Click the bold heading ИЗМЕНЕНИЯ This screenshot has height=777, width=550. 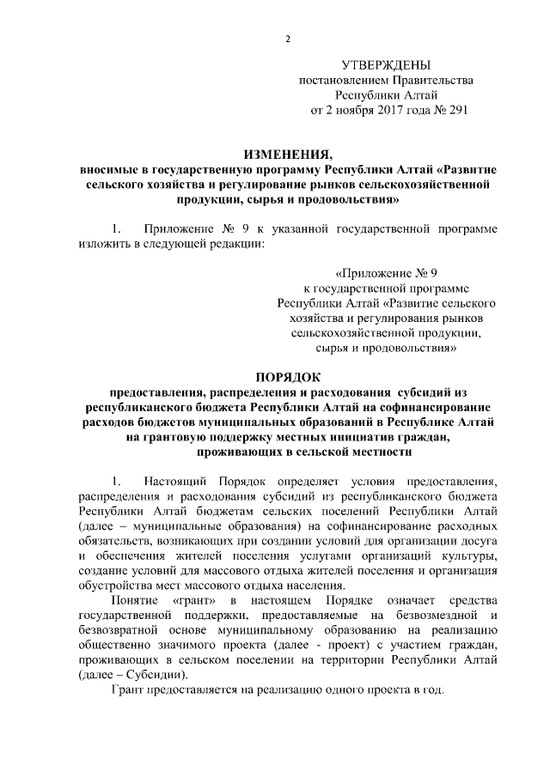[288, 155]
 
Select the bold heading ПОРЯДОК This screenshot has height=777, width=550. [288, 377]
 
